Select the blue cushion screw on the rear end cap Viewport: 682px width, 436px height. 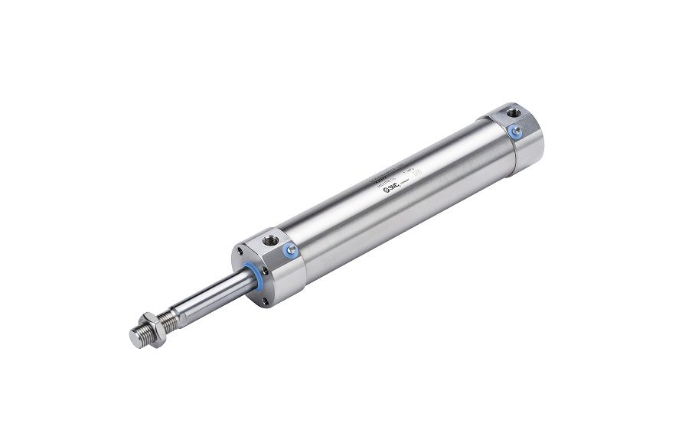(514, 132)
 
